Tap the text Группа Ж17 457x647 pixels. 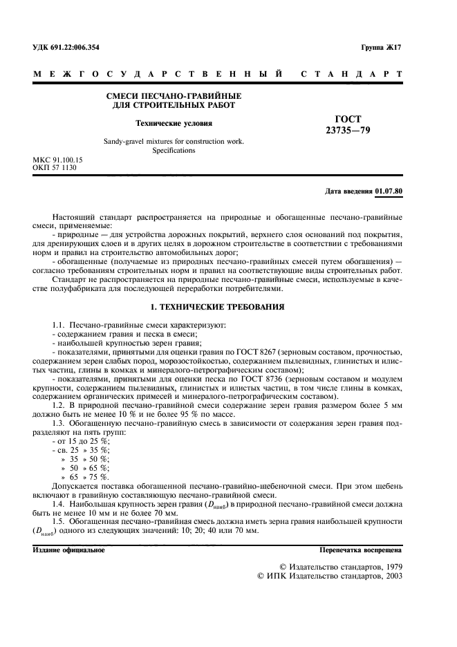[381, 47]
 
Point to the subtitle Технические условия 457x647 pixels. [174, 123]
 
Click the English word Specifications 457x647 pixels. [174, 150]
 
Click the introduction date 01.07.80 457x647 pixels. [389, 190]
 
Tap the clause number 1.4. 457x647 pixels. [59, 507]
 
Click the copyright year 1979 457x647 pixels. [387, 566]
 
